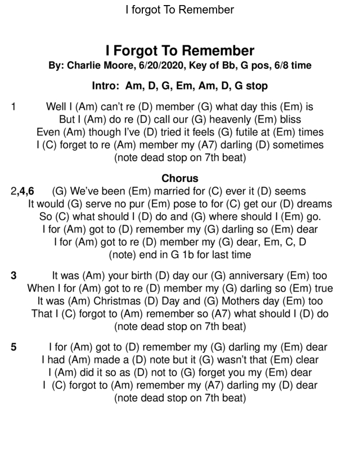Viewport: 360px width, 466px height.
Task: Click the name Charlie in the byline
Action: pos(84,65)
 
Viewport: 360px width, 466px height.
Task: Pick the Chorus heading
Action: pos(180,178)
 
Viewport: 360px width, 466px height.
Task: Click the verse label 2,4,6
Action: pos(22,191)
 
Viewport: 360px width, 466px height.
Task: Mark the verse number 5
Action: pos(13,347)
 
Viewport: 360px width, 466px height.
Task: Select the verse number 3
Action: pos(13,276)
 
